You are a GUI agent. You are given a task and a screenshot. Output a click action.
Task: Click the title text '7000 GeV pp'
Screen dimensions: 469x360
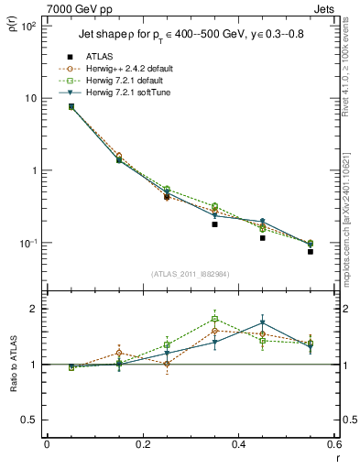[x=76, y=9]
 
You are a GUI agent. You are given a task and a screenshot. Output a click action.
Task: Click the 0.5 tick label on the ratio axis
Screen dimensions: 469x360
[x=29, y=420]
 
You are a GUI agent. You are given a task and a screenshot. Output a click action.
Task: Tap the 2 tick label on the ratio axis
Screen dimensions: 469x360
[x=33, y=309]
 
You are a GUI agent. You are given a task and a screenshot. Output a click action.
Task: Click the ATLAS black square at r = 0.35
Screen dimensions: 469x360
[x=214, y=224]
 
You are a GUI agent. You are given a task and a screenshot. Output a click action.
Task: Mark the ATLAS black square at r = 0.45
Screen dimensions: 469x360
[x=262, y=238]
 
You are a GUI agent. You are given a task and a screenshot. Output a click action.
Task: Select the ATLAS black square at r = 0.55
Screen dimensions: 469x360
[x=310, y=252]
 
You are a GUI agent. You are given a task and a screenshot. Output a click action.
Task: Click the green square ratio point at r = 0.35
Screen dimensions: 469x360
[x=214, y=320]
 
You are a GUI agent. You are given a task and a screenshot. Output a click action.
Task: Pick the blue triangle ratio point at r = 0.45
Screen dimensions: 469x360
[x=262, y=322]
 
